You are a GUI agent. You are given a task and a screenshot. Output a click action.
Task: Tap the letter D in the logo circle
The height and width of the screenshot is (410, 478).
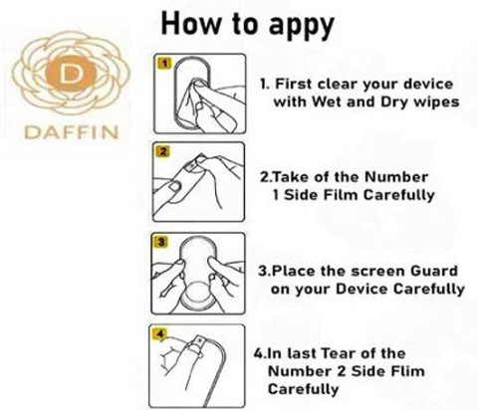70,74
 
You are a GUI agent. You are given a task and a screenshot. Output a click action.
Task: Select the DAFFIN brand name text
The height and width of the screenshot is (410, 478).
71,132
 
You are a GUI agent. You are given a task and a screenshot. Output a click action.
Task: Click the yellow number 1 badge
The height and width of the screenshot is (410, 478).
165,63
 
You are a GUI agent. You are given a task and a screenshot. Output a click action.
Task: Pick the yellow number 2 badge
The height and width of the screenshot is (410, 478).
162,152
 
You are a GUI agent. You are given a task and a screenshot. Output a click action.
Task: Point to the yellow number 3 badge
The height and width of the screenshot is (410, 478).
160,242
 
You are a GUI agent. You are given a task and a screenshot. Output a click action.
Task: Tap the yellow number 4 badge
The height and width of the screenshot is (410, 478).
160,333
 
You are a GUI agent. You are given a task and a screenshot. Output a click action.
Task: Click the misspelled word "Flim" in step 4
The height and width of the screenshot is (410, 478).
407,371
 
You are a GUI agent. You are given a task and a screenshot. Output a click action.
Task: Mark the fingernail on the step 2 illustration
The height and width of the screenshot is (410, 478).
174,186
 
